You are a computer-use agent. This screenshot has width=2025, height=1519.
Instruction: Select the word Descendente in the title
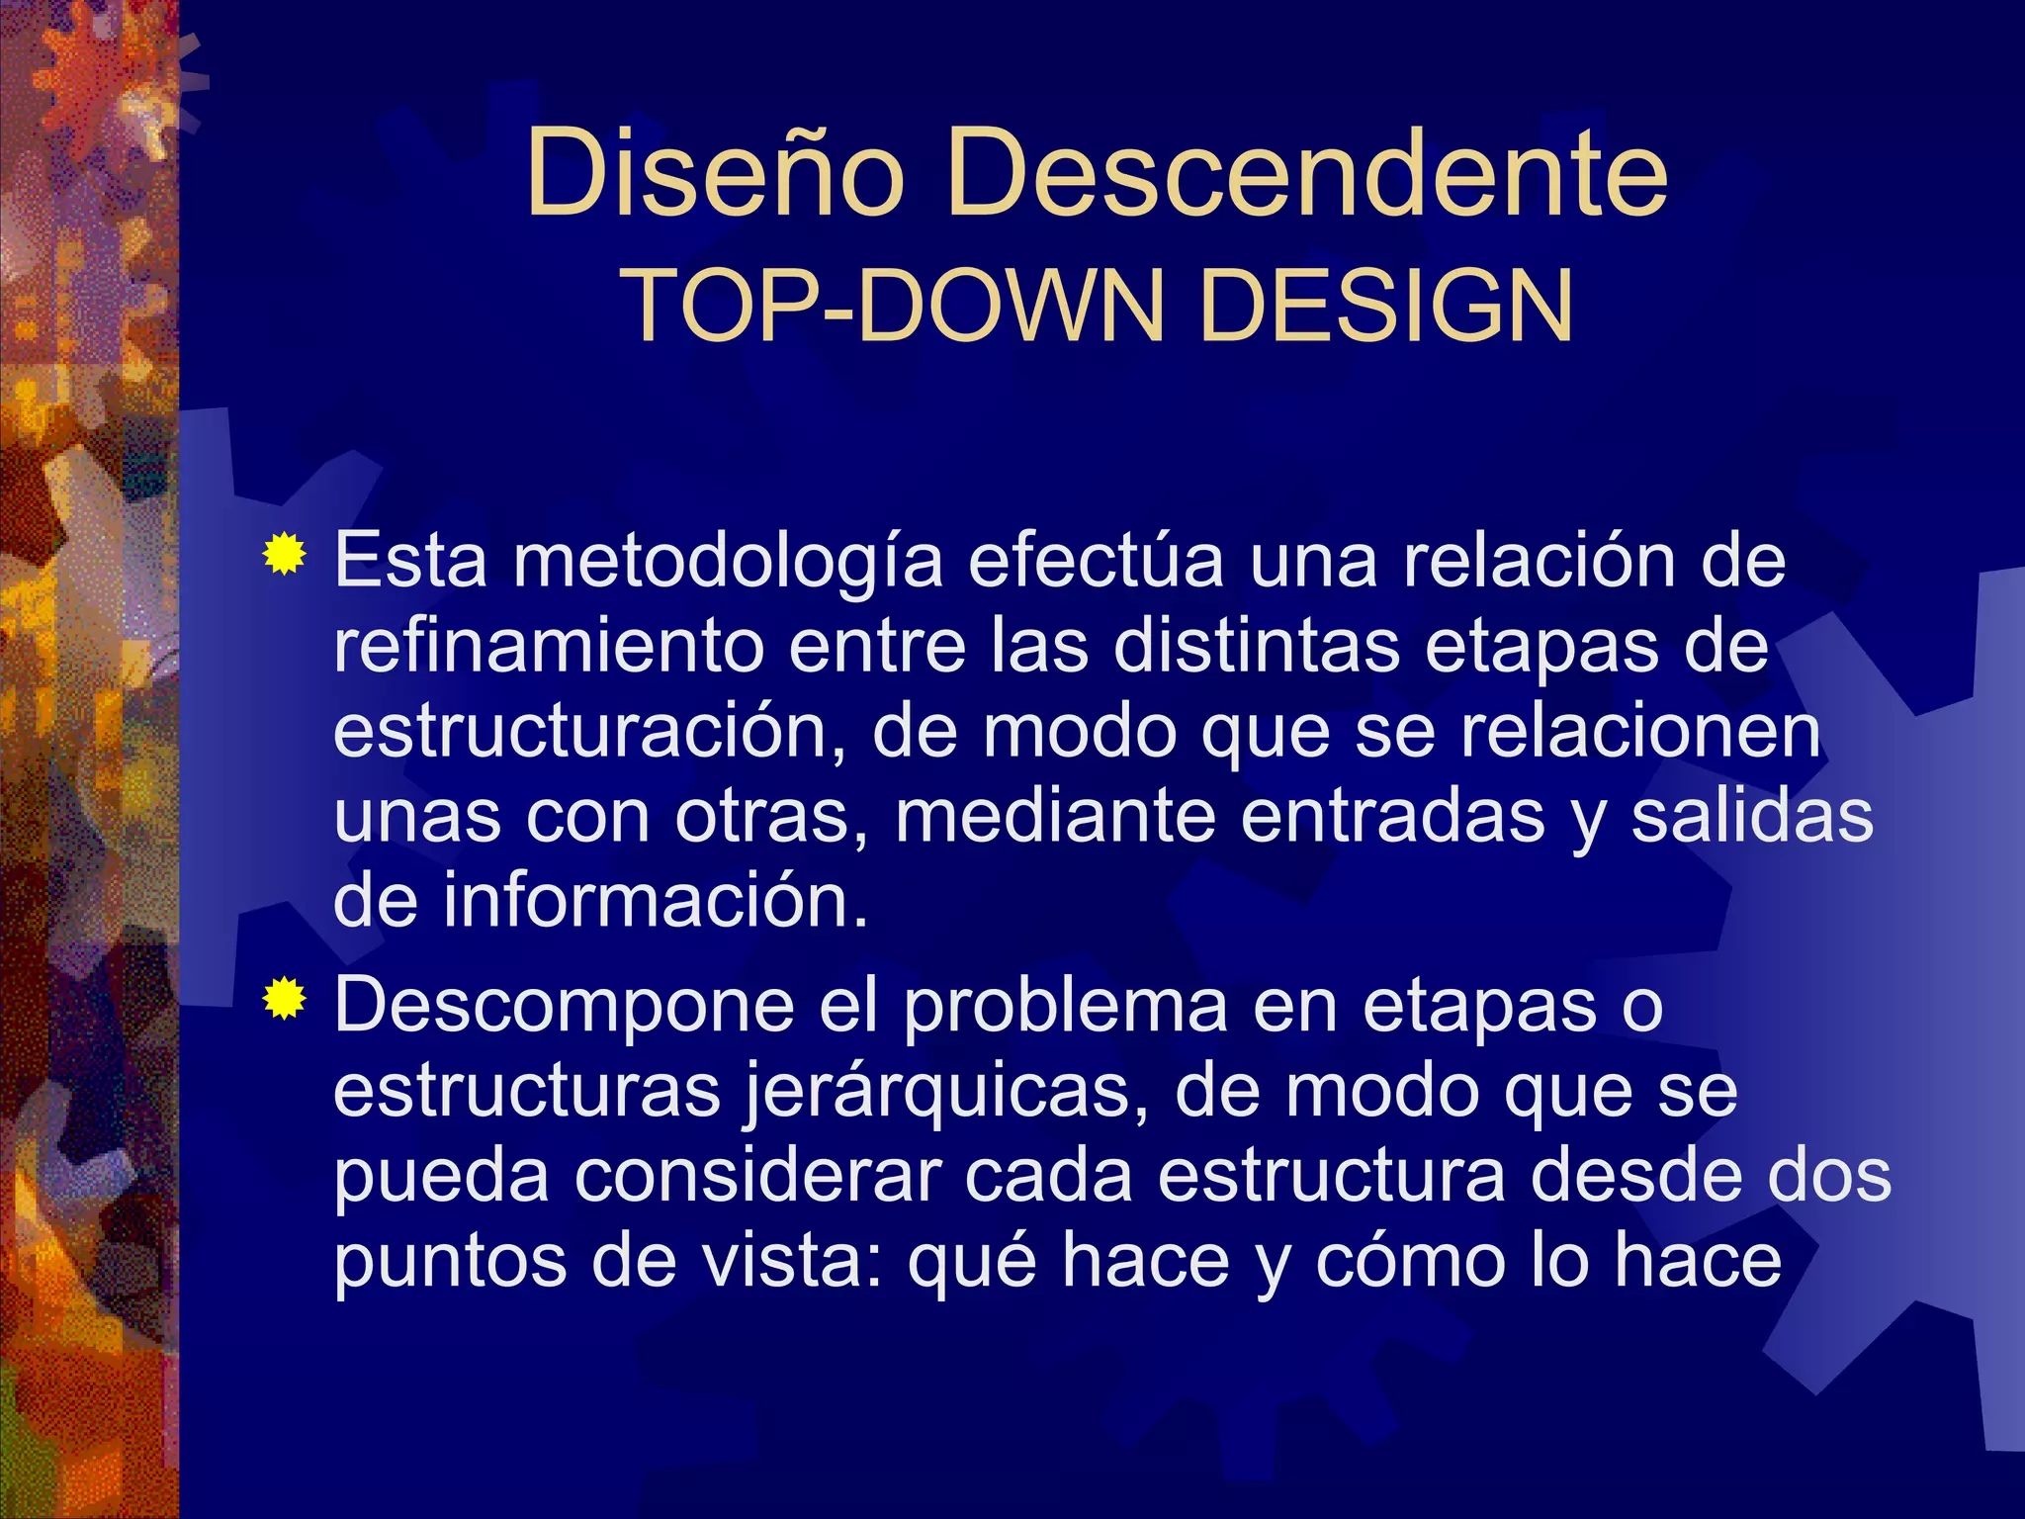tap(1306, 175)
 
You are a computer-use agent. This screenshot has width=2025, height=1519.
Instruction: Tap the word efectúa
tap(1096, 561)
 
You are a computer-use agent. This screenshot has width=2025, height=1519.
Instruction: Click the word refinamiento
tap(549, 647)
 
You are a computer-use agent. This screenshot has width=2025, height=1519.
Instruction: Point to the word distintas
tap(1256, 647)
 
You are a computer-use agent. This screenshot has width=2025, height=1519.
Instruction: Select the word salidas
tap(1751, 817)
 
